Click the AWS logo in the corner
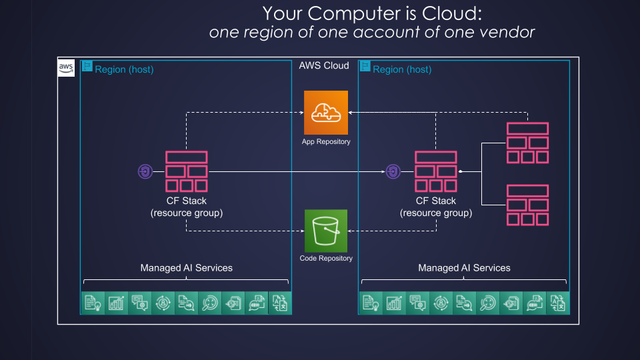coord(66,67)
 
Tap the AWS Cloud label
coord(324,65)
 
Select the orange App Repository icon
coord(326,113)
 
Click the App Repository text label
coord(326,141)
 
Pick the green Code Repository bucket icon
coord(326,231)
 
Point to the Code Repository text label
coord(326,258)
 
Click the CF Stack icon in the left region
coord(186,171)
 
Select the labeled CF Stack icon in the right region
coord(435,171)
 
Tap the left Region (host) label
coord(124,69)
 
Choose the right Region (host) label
coord(402,69)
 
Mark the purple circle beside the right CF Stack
coord(393,172)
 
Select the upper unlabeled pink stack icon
coord(527,143)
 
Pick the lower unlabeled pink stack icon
coord(527,205)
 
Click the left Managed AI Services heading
coord(186,268)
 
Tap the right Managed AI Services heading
coord(464,268)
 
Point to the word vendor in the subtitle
coord(508,31)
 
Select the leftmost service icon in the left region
coord(93,303)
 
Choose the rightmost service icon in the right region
coord(557,303)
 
